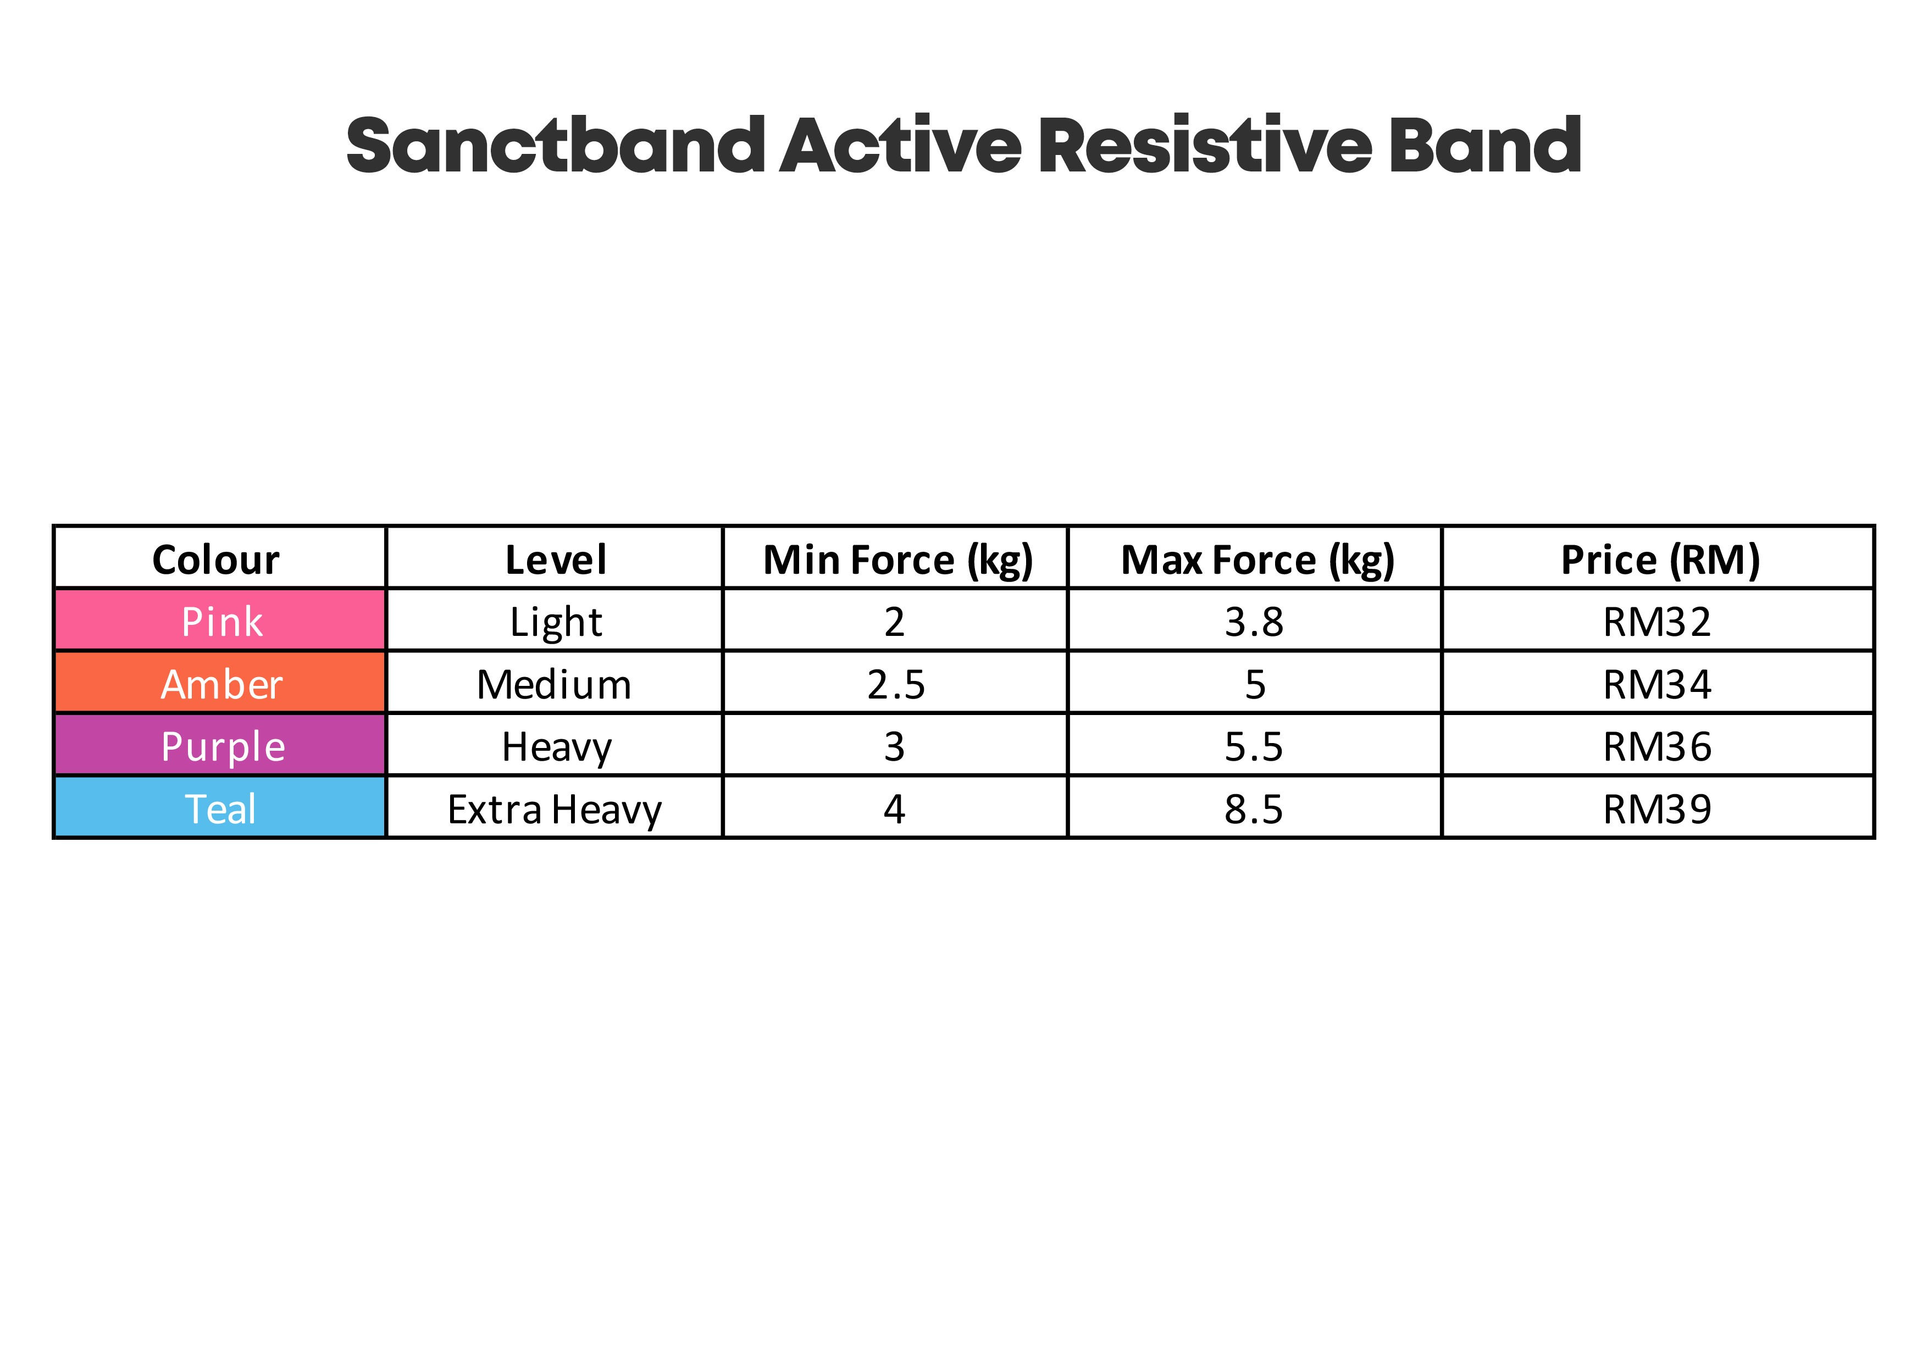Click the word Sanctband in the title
[x=555, y=145]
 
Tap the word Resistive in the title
[x=1205, y=145]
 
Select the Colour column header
[x=216, y=559]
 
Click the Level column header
[x=555, y=559]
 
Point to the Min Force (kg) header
[x=897, y=560]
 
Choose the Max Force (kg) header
[x=1257, y=560]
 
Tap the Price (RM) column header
[x=1660, y=560]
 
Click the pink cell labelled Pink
[x=220, y=620]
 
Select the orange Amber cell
[x=220, y=683]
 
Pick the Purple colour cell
[x=220, y=745]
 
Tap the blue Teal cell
[x=220, y=807]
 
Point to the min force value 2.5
[x=896, y=684]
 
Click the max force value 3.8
[x=1254, y=622]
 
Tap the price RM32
[x=1656, y=622]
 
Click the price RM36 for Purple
[x=1656, y=746]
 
